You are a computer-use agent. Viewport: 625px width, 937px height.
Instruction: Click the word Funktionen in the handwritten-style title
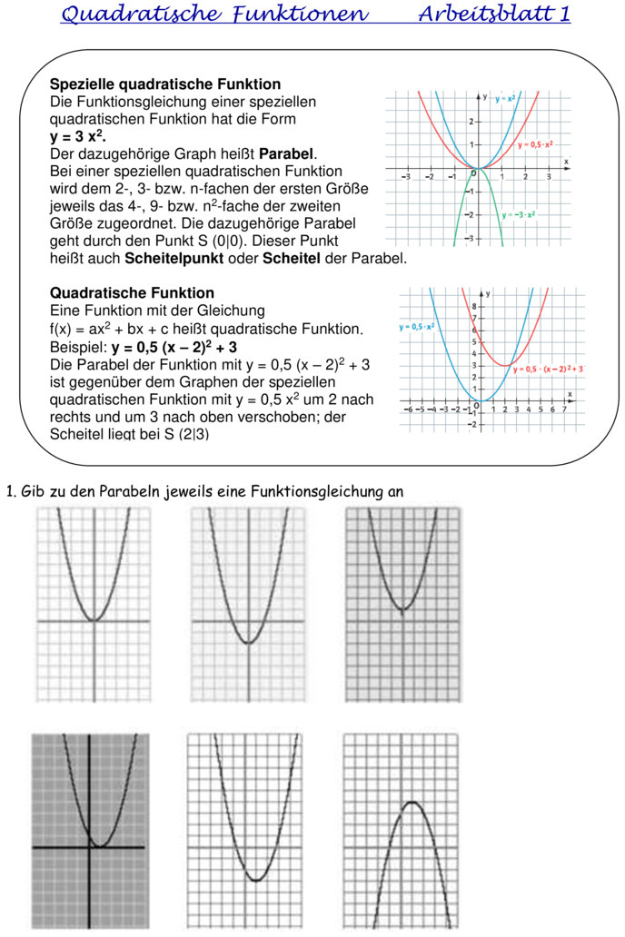click(x=302, y=15)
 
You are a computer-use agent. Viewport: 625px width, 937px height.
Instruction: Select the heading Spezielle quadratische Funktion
click(x=165, y=84)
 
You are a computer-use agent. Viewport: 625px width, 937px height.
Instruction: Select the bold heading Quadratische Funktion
click(x=132, y=293)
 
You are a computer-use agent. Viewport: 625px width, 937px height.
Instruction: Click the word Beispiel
click(x=78, y=346)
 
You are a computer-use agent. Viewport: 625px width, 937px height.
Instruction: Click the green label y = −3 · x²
click(x=519, y=215)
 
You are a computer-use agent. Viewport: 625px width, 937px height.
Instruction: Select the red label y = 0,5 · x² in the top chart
click(x=536, y=144)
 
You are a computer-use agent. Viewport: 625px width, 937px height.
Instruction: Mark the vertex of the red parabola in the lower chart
click(x=504, y=365)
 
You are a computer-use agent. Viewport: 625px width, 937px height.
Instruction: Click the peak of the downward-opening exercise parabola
click(x=412, y=803)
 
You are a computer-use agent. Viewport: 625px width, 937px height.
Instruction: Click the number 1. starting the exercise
click(x=11, y=492)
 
